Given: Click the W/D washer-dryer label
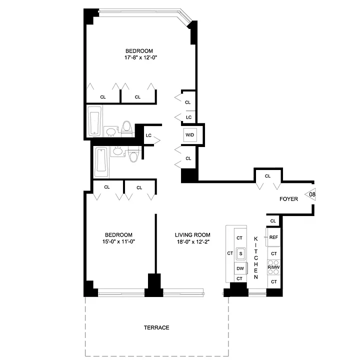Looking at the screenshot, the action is pyautogui.click(x=189, y=135).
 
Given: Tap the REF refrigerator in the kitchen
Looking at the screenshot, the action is pyautogui.click(x=273, y=237).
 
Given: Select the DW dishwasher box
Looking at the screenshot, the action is pyautogui.click(x=240, y=268).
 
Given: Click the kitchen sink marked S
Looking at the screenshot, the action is pyautogui.click(x=240, y=253).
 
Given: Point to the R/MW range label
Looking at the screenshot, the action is pyautogui.click(x=273, y=267).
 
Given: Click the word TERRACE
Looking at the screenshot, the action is pyautogui.click(x=156, y=327).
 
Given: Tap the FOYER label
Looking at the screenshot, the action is pyautogui.click(x=288, y=199).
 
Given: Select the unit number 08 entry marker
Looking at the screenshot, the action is pyautogui.click(x=310, y=194).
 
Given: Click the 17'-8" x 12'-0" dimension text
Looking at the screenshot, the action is pyautogui.click(x=140, y=57).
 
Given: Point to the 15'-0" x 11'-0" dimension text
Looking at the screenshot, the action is pyautogui.click(x=118, y=241).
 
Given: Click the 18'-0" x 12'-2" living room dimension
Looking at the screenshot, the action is pyautogui.click(x=193, y=241).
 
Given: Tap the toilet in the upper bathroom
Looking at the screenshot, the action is pyautogui.click(x=126, y=129).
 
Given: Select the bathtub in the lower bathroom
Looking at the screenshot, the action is pyautogui.click(x=101, y=162).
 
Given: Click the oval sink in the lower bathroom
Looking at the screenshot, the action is pyautogui.click(x=117, y=151).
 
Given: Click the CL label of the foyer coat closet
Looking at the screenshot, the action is pyautogui.click(x=267, y=176).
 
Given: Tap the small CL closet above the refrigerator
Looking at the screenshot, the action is pyautogui.click(x=273, y=221).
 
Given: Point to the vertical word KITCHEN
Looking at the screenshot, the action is pyautogui.click(x=256, y=258).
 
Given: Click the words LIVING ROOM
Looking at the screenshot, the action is pyautogui.click(x=192, y=235).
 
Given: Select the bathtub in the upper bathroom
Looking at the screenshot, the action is pyautogui.click(x=94, y=121).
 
